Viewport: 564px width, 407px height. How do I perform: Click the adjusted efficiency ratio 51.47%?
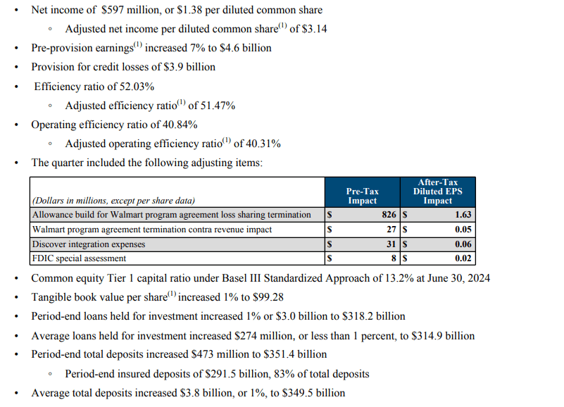point(214,106)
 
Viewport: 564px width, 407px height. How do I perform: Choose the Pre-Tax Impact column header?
point(362,196)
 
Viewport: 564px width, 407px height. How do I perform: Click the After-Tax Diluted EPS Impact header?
point(437,191)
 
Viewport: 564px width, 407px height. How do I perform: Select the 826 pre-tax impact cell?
point(389,215)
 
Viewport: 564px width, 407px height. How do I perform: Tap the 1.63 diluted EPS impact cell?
point(462,215)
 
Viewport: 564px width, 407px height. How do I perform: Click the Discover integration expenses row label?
point(89,244)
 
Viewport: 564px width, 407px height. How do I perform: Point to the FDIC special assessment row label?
point(79,258)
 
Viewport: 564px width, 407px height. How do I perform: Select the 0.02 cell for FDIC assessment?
point(462,258)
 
